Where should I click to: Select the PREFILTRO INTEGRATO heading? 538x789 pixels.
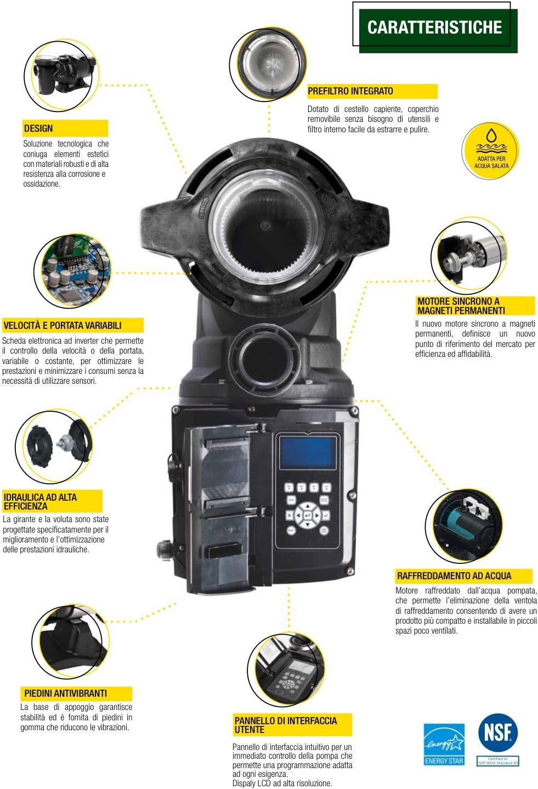(x=372, y=91)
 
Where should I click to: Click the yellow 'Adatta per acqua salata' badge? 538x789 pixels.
(x=490, y=150)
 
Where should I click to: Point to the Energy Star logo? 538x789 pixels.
(x=444, y=745)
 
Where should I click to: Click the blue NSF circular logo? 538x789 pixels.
(x=497, y=732)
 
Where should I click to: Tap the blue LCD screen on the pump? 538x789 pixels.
(x=308, y=452)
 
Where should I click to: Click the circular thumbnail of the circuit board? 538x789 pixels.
(x=73, y=271)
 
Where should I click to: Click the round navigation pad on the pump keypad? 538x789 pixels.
(x=308, y=516)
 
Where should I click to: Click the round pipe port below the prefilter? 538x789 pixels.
(x=263, y=356)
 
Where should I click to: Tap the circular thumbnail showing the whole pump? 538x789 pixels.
(x=61, y=76)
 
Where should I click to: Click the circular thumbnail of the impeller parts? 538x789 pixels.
(x=54, y=446)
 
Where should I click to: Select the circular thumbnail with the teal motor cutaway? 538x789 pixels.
(x=464, y=525)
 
